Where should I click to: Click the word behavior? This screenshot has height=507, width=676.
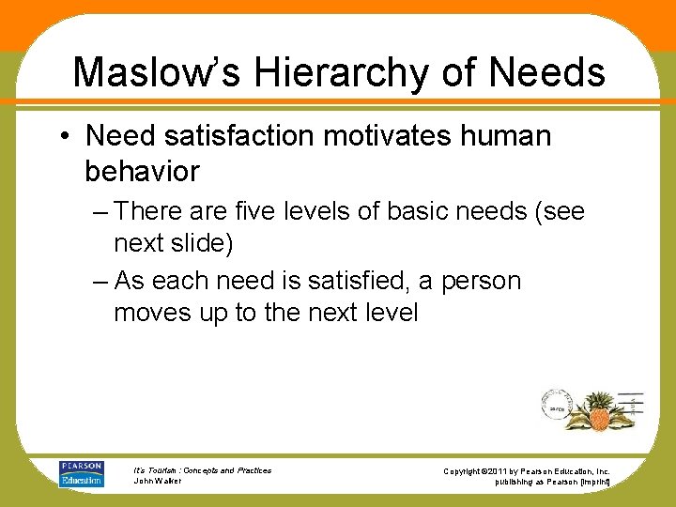coord(142,171)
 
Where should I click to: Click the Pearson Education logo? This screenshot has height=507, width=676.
coord(81,473)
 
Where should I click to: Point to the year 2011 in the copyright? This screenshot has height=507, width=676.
coord(501,470)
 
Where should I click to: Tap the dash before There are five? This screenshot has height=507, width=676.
coord(100,212)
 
